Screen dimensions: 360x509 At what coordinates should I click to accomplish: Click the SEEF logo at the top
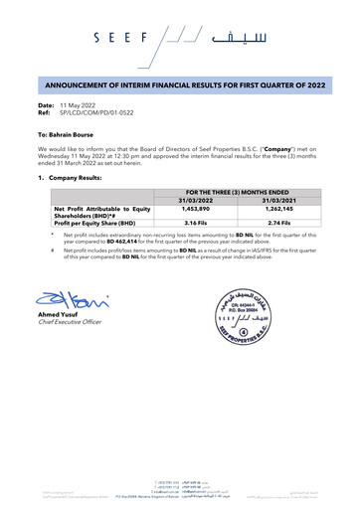(180, 40)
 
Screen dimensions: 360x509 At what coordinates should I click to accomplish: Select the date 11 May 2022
(82, 104)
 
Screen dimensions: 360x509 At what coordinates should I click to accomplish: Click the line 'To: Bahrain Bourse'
(68, 132)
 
